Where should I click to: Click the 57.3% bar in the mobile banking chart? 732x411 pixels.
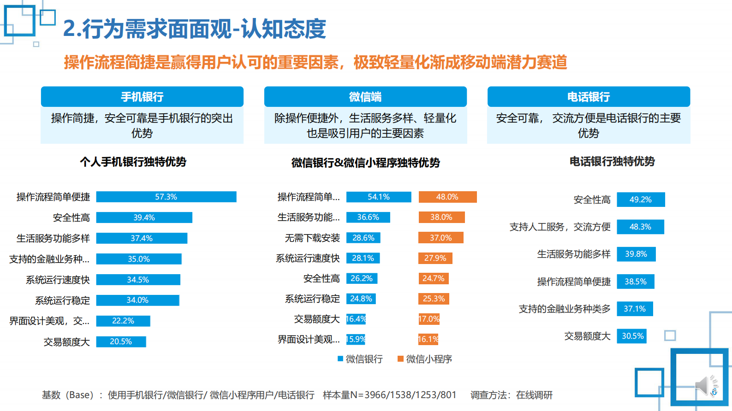pyautogui.click(x=166, y=197)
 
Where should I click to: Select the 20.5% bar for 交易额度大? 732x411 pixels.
pyautogui.click(x=121, y=341)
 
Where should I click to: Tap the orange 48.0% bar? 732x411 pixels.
pyautogui.click(x=447, y=197)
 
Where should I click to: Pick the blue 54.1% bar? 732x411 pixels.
pyautogui.click(x=378, y=197)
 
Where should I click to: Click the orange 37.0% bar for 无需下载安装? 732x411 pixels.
pyautogui.click(x=440, y=238)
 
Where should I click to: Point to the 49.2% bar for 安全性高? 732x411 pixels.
pyautogui.click(x=641, y=200)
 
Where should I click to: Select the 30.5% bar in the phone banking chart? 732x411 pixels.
pyautogui.click(x=632, y=336)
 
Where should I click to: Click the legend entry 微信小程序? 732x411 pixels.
pyautogui.click(x=425, y=359)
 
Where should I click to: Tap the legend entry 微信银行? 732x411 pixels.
pyautogui.click(x=360, y=359)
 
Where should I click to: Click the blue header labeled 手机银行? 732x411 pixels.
pyautogui.click(x=142, y=97)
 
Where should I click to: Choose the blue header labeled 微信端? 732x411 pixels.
pyautogui.click(x=365, y=97)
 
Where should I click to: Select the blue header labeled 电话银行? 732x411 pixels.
pyautogui.click(x=589, y=97)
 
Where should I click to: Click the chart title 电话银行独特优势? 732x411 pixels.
pyautogui.click(x=612, y=161)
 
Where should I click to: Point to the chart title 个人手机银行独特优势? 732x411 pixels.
pyautogui.click(x=133, y=162)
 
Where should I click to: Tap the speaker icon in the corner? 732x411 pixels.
pyautogui.click(x=705, y=385)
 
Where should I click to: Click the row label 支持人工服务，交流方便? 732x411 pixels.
pyautogui.click(x=560, y=227)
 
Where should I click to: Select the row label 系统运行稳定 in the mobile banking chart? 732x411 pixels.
pyautogui.click(x=62, y=300)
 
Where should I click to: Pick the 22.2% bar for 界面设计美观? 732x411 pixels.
pyautogui.click(x=123, y=321)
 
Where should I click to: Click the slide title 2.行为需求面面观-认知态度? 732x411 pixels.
pyautogui.click(x=194, y=29)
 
